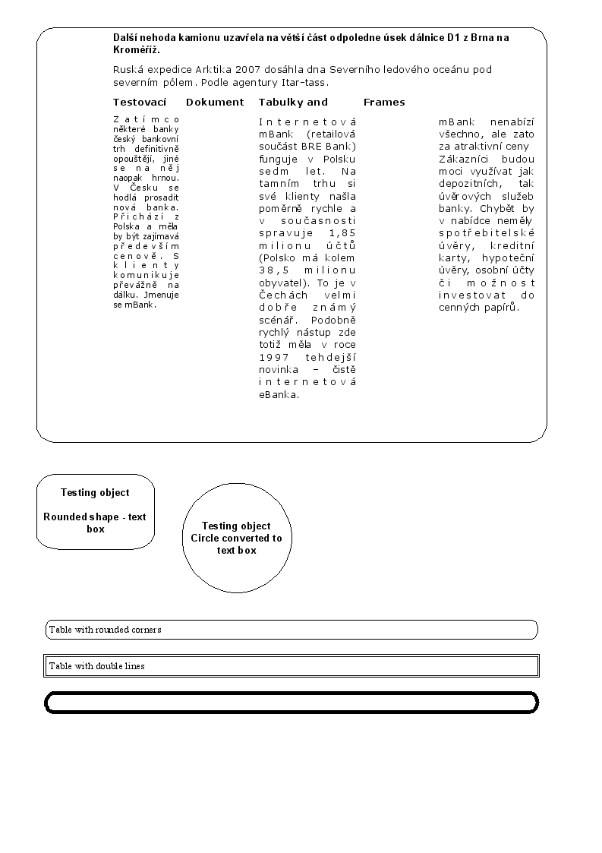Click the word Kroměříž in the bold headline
tap(136, 49)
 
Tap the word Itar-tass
tap(307, 83)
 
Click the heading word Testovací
tap(140, 103)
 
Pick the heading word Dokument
tap(215, 103)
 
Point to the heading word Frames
tap(384, 103)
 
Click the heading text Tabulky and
tap(293, 103)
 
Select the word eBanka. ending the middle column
tap(279, 394)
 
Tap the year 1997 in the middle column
tap(274, 357)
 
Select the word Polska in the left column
tap(128, 226)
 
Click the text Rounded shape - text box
tap(95, 523)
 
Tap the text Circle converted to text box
tap(236, 544)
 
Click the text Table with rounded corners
tap(105, 630)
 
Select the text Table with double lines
tap(96, 666)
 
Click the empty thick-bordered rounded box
tap(292, 703)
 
